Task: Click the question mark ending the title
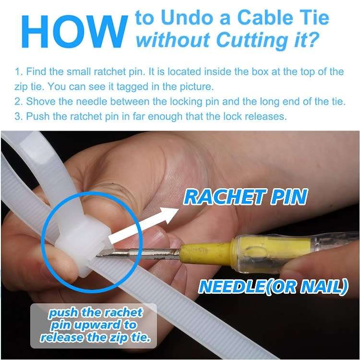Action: [x=312, y=40]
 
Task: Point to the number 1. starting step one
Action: [x=19, y=72]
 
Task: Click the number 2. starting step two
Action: [x=19, y=102]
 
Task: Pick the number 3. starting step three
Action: [x=19, y=117]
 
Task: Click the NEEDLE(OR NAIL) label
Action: [x=273, y=287]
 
